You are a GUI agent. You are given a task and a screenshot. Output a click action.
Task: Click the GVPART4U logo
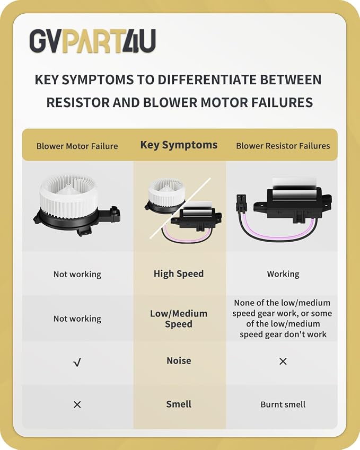tap(93, 41)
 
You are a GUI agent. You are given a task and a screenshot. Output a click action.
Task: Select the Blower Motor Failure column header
tap(77, 146)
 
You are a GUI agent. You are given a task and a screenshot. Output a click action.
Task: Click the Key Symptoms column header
tap(179, 145)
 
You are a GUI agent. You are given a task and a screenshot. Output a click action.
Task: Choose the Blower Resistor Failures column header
tap(283, 146)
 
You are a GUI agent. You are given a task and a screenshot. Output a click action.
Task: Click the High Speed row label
tap(179, 274)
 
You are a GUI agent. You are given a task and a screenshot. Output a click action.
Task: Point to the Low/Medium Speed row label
tap(179, 319)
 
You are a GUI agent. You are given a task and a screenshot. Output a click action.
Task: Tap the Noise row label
tap(179, 361)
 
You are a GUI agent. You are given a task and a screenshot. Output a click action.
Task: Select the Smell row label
tap(179, 404)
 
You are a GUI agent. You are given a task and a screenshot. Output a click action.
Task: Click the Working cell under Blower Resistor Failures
tap(283, 274)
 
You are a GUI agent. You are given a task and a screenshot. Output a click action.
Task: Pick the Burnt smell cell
tap(283, 404)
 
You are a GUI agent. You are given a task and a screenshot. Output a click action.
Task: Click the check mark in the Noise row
tap(77, 363)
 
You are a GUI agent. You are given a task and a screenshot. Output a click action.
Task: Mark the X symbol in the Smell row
tap(77, 404)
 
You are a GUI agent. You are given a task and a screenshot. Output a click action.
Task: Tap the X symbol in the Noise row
tap(283, 361)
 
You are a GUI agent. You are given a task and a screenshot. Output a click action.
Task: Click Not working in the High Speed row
tap(77, 275)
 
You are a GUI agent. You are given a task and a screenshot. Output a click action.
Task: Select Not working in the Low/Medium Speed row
tap(77, 319)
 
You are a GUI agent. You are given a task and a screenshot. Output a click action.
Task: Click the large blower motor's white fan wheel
tap(68, 195)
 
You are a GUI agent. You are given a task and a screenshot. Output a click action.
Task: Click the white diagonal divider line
tap(180, 208)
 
